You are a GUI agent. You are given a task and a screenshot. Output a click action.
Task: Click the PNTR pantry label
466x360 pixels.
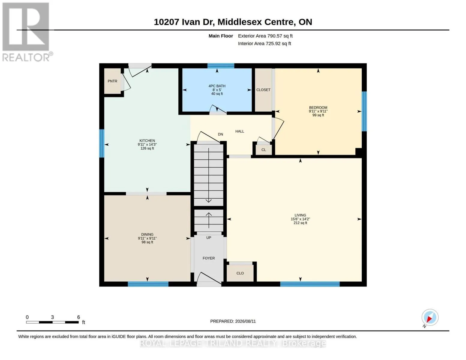pyautogui.click(x=112, y=81)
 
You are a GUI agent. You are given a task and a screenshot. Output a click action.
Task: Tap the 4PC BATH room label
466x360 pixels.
pyautogui.click(x=217, y=86)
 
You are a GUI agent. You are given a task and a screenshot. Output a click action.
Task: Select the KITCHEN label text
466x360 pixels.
pyautogui.click(x=147, y=140)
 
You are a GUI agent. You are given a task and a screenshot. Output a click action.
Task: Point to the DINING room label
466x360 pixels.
pyautogui.click(x=147, y=235)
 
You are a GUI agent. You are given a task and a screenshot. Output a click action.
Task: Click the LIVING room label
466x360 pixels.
pyautogui.click(x=300, y=215)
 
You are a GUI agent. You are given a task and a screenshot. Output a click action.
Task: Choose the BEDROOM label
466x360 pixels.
pyautogui.click(x=318, y=107)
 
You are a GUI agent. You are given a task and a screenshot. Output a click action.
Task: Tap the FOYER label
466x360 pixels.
pyautogui.click(x=209, y=258)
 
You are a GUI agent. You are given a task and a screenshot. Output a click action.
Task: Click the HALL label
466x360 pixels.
pyautogui.click(x=240, y=131)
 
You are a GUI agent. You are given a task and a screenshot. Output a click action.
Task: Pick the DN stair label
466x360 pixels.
pyautogui.click(x=220, y=134)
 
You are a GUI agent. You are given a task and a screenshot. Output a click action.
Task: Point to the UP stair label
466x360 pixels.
pyautogui.click(x=209, y=238)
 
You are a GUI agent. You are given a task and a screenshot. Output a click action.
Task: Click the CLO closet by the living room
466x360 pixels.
pyautogui.click(x=240, y=273)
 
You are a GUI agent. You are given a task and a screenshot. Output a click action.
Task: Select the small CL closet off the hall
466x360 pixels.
pyautogui.click(x=264, y=150)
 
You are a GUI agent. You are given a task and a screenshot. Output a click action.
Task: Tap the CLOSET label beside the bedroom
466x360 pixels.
pyautogui.click(x=263, y=90)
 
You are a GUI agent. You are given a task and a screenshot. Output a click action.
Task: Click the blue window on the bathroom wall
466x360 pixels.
pyautogui.click(x=221, y=66)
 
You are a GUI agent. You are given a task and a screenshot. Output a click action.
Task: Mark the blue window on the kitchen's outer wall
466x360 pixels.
pyautogui.click(x=102, y=143)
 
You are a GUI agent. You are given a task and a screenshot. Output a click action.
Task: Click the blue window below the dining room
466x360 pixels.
pyautogui.click(x=148, y=284)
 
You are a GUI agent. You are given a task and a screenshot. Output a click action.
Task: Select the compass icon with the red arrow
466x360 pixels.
pyautogui.click(x=430, y=317)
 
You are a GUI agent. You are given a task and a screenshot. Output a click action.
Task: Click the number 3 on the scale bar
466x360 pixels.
pyautogui.click(x=52, y=317)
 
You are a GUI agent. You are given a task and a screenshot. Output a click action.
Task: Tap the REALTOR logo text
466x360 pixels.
pyautogui.click(x=26, y=57)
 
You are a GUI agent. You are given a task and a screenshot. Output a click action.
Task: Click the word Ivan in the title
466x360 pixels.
pyautogui.click(x=191, y=22)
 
